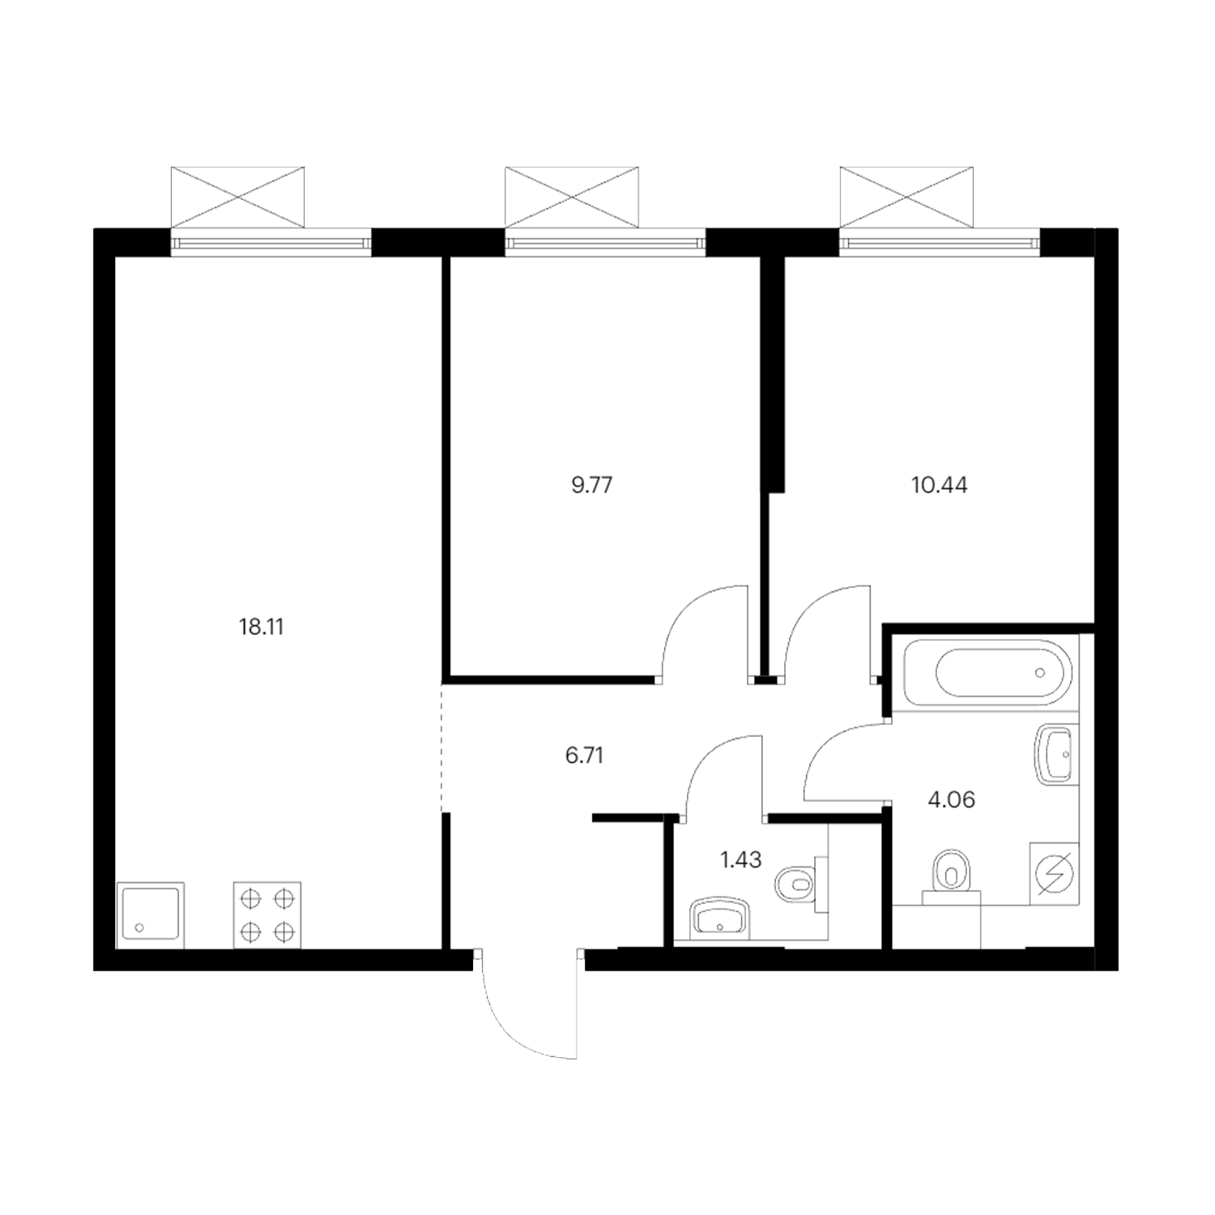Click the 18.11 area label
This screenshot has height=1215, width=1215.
(x=262, y=627)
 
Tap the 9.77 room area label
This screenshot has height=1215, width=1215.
(x=591, y=485)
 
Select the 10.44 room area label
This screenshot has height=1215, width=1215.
(x=939, y=485)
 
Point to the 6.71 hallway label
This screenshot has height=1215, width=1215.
(x=584, y=756)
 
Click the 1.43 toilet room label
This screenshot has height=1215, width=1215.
(x=740, y=859)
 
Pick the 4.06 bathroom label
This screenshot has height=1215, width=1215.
(x=951, y=800)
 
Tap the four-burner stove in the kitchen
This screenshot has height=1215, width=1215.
(x=267, y=914)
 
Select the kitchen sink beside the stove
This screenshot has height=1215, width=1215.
(x=151, y=914)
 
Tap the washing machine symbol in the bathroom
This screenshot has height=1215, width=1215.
(x=1054, y=873)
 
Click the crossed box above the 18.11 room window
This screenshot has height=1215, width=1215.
(x=238, y=197)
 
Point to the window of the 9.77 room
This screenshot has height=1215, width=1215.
(x=605, y=241)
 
